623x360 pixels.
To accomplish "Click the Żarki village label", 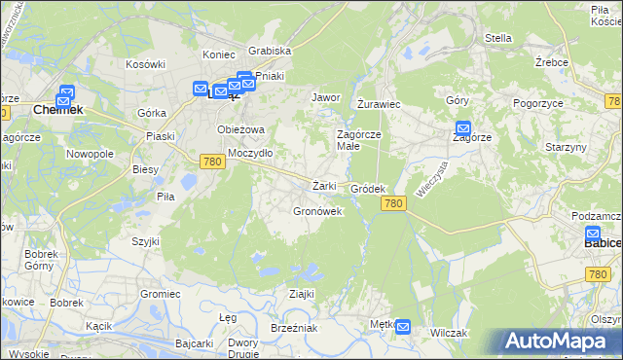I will click(324, 186).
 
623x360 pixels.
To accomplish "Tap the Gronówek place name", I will click(317, 211).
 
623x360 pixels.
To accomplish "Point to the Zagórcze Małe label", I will click(358, 140).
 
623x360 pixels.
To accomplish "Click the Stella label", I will click(497, 39).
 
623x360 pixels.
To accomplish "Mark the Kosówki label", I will click(143, 64).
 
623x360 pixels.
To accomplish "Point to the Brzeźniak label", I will click(294, 329).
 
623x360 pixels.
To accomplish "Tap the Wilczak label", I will click(449, 333).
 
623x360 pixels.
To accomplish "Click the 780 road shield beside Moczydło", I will click(213, 162).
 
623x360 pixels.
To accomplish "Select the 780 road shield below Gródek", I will click(392, 202).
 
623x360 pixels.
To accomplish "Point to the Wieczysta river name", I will click(430, 179).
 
